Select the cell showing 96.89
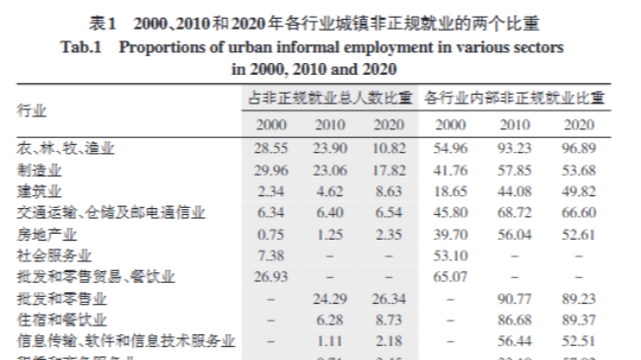coord(579,147)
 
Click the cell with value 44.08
coord(515,190)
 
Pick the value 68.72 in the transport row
coord(515,212)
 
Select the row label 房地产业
coord(46,234)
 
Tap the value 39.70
coord(450,234)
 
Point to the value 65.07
coord(450,277)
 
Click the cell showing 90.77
coord(515,299)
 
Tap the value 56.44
coord(515,341)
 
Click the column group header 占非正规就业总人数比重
coord(329,99)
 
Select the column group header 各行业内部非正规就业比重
coord(515,99)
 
